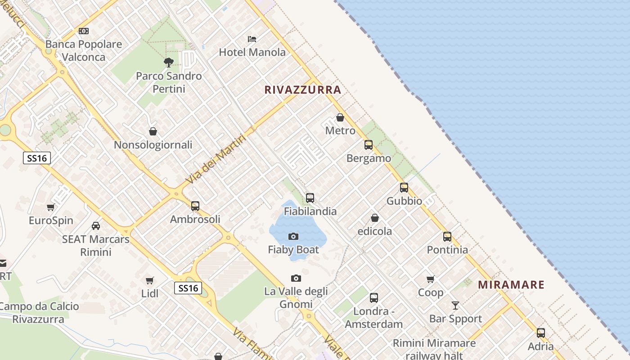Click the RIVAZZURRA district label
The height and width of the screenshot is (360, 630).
coord(302,90)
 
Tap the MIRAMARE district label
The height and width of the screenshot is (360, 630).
coord(511,284)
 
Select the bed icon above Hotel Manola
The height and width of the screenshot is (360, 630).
coord(252,39)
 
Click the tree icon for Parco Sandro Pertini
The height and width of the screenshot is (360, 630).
coord(169,62)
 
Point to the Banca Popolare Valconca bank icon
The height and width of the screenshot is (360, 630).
coord(84,31)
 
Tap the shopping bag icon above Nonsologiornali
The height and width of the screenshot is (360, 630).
coord(153,131)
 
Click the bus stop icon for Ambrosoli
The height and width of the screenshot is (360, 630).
coord(195,206)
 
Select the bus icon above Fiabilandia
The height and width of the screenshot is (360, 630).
coord(310,198)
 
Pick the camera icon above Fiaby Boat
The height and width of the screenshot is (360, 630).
coord(293,236)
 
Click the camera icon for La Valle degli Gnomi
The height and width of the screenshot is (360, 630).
coord(296,279)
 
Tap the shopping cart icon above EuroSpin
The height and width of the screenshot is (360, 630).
coord(51,207)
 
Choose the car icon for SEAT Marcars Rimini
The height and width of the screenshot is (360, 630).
coord(96,225)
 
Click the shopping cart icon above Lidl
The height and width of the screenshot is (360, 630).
coord(150,281)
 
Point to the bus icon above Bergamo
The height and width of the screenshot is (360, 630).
coord(369,145)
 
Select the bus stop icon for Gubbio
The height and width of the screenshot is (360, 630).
coord(404,188)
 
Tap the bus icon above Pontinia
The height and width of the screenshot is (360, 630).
coord(447,237)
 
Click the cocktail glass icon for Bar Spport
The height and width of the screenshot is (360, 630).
coord(455,306)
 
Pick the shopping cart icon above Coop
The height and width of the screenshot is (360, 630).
coord(431,279)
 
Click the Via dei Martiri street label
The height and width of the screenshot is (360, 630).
coord(216,159)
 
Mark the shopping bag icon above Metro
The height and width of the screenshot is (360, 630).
coord(340,117)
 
